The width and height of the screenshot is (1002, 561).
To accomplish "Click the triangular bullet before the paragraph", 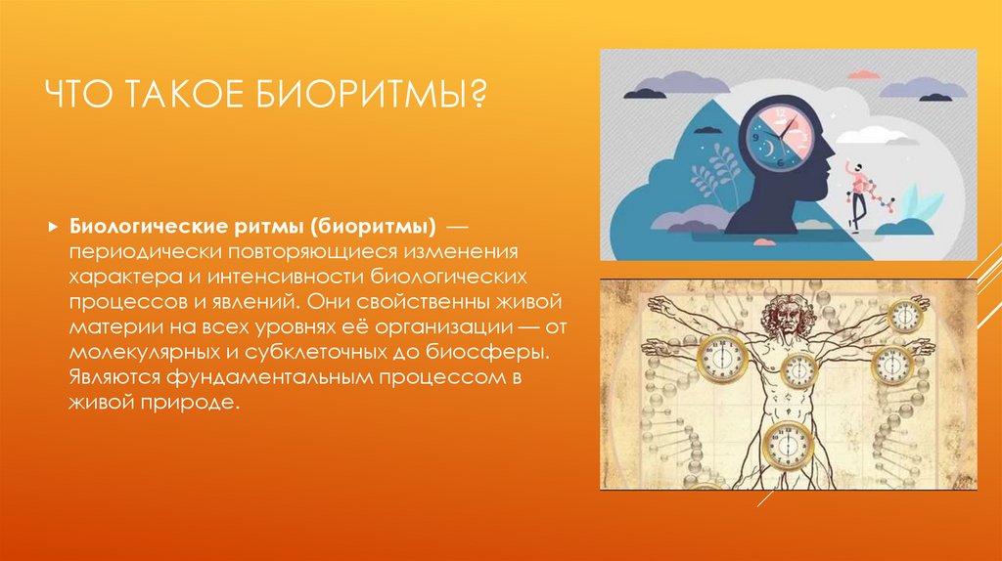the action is point(53,227).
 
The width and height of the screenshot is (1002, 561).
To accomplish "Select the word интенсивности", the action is point(286,277).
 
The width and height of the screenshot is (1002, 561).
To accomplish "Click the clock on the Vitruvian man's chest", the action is point(798,368).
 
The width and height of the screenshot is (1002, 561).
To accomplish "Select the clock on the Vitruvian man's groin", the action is point(788,443).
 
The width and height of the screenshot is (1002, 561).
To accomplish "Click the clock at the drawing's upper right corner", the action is point(905,316).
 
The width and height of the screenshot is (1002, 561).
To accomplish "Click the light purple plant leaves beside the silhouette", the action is point(713,170).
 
